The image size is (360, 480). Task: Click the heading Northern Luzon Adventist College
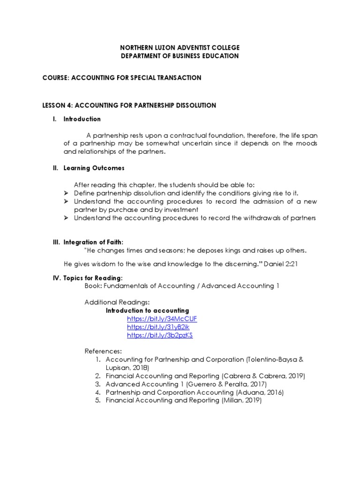(180, 48)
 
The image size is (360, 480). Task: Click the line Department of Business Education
(180, 56)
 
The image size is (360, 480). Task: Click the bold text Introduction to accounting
(147, 310)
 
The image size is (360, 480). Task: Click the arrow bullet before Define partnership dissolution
(66, 193)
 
